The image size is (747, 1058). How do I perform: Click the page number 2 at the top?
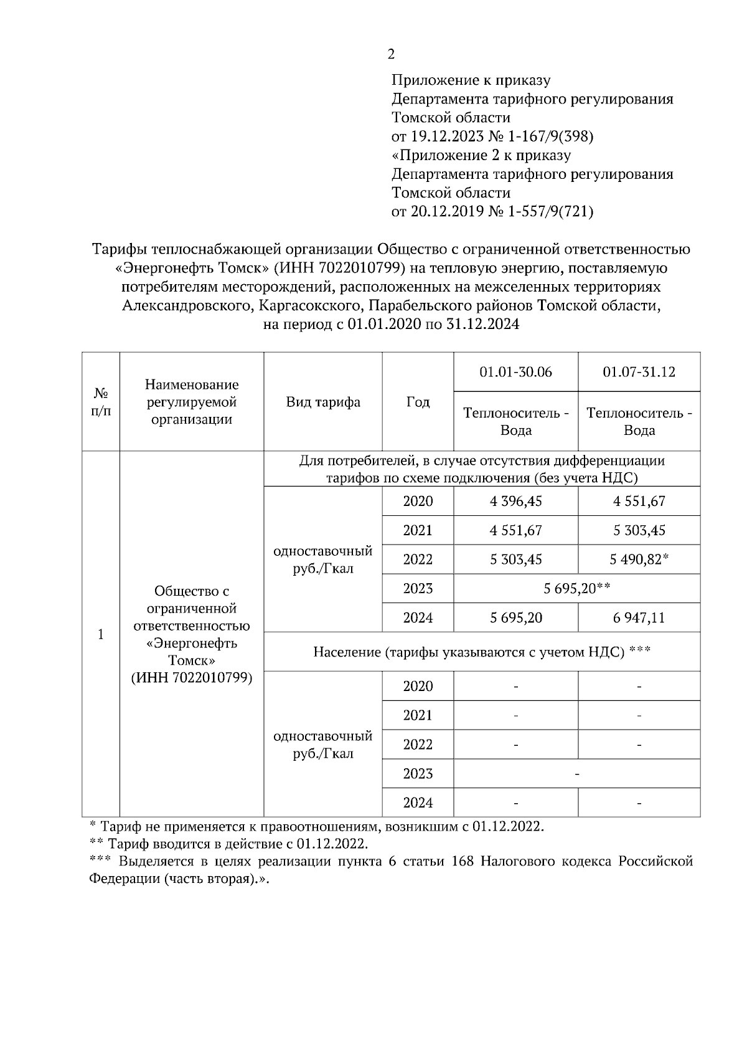(391, 55)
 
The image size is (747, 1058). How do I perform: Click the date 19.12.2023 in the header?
(445, 136)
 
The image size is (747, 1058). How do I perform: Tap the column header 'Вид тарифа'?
(323, 403)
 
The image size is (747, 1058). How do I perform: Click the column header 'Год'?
(418, 403)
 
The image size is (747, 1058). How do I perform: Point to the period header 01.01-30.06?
(515, 372)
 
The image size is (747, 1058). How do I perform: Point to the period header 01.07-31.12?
(639, 372)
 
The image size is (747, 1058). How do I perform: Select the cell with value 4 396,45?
(515, 502)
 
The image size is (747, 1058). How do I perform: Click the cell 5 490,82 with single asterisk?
(639, 560)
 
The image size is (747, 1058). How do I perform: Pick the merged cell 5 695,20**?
(576, 589)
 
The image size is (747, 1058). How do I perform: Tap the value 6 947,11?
(639, 618)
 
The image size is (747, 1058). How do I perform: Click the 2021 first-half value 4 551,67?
(515, 531)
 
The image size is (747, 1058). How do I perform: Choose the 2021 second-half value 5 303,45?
(639, 531)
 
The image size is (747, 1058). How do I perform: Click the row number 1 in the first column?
(101, 634)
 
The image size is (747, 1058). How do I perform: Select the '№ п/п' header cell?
(101, 403)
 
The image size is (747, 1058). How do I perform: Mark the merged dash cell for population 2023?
(576, 774)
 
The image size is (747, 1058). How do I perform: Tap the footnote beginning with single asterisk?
(317, 827)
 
